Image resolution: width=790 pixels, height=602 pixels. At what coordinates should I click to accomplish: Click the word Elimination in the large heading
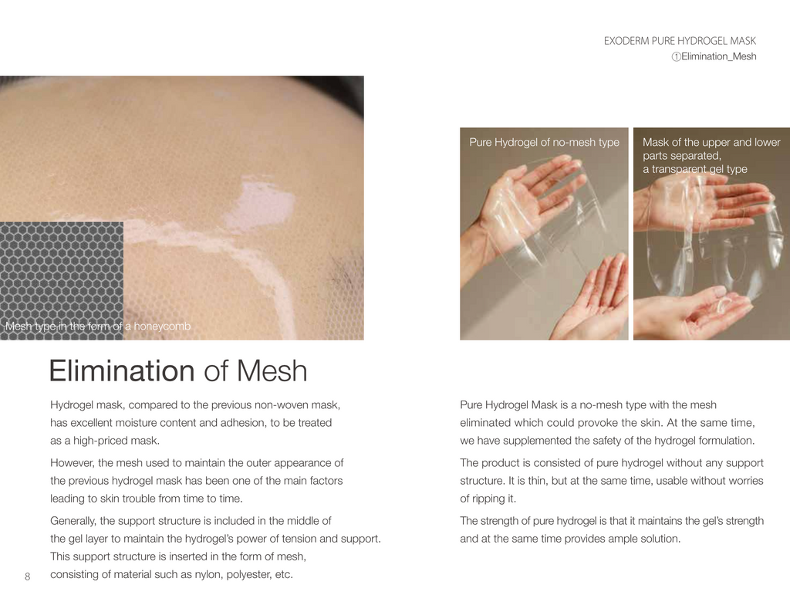pos(122,371)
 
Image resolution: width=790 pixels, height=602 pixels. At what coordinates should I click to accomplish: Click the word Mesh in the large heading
pos(272,371)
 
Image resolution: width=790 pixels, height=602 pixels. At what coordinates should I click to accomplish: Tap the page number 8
pos(27,577)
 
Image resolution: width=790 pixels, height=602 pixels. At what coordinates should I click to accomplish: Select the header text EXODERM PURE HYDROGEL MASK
pos(680,41)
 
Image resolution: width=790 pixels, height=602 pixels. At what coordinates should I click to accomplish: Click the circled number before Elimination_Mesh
pos(676,57)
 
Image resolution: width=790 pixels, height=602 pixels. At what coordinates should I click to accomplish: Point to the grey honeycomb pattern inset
pos(62,280)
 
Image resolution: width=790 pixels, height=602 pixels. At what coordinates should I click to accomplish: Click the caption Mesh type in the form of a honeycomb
pos(98,326)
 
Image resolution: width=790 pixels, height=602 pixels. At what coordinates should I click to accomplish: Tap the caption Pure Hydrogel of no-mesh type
pos(544,142)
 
